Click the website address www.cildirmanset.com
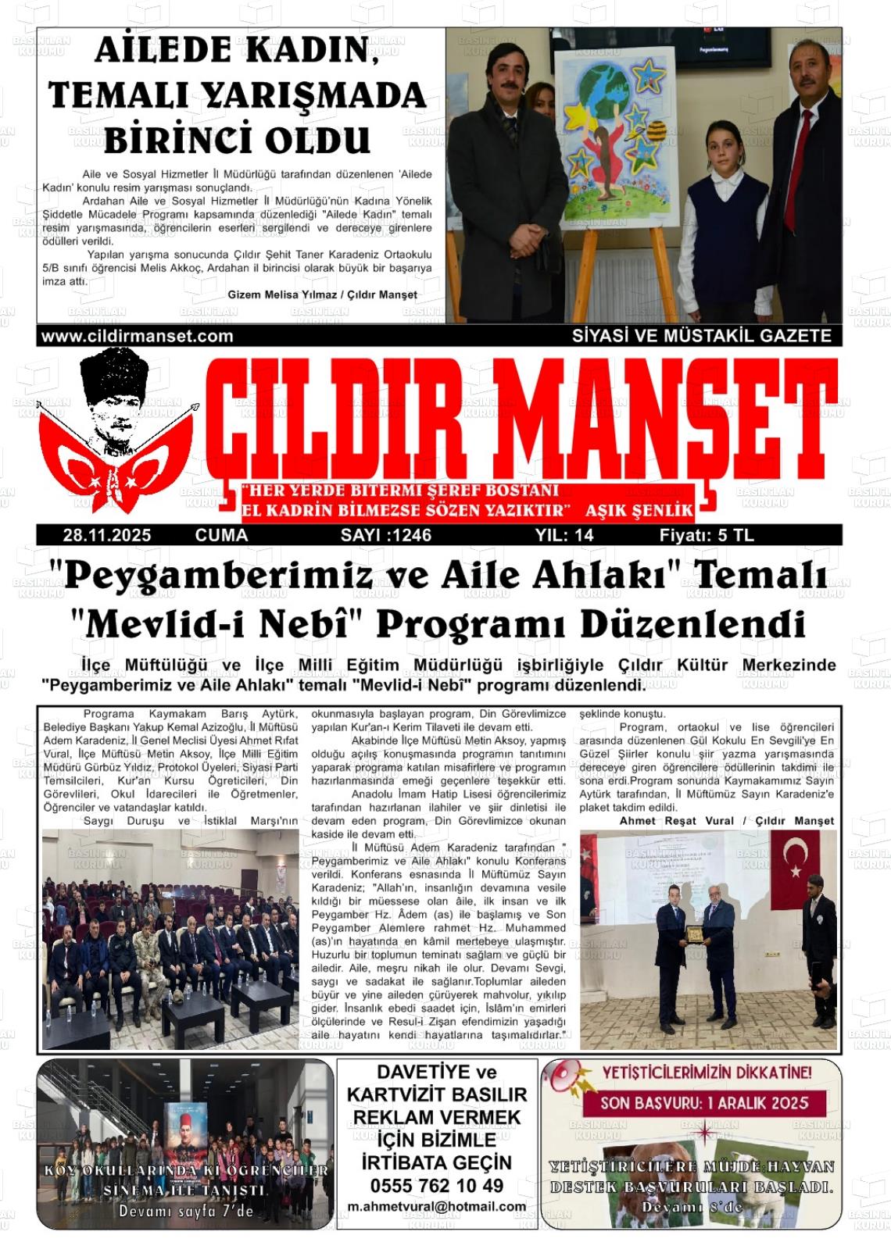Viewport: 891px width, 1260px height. tap(137, 336)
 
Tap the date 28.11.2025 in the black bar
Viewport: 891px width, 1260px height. tap(107, 535)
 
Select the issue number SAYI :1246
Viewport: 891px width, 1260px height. tap(386, 535)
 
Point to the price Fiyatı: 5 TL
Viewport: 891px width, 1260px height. tap(707, 535)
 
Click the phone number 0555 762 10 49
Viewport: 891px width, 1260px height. tap(437, 1185)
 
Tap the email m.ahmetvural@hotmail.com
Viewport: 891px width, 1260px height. tap(437, 1206)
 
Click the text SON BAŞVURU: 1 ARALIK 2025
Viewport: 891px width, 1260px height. tap(703, 1104)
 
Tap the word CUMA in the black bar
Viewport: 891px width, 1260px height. tap(221, 535)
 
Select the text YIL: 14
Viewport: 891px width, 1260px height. tap(564, 535)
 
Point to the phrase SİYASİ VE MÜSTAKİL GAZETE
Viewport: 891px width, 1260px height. tap(701, 336)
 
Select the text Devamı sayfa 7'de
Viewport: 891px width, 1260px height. tap(186, 1211)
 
